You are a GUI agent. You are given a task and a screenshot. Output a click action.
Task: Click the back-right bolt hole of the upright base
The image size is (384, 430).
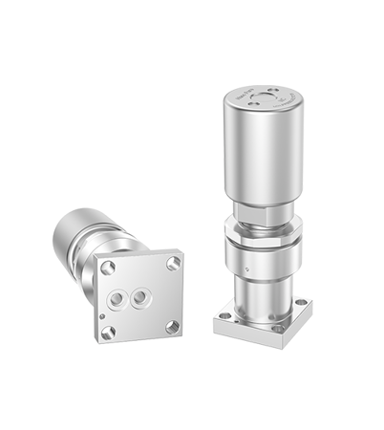coord(306,308)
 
